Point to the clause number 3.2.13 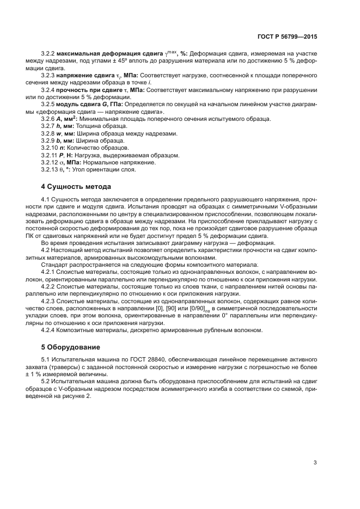pyautogui.click(x=50, y=169)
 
